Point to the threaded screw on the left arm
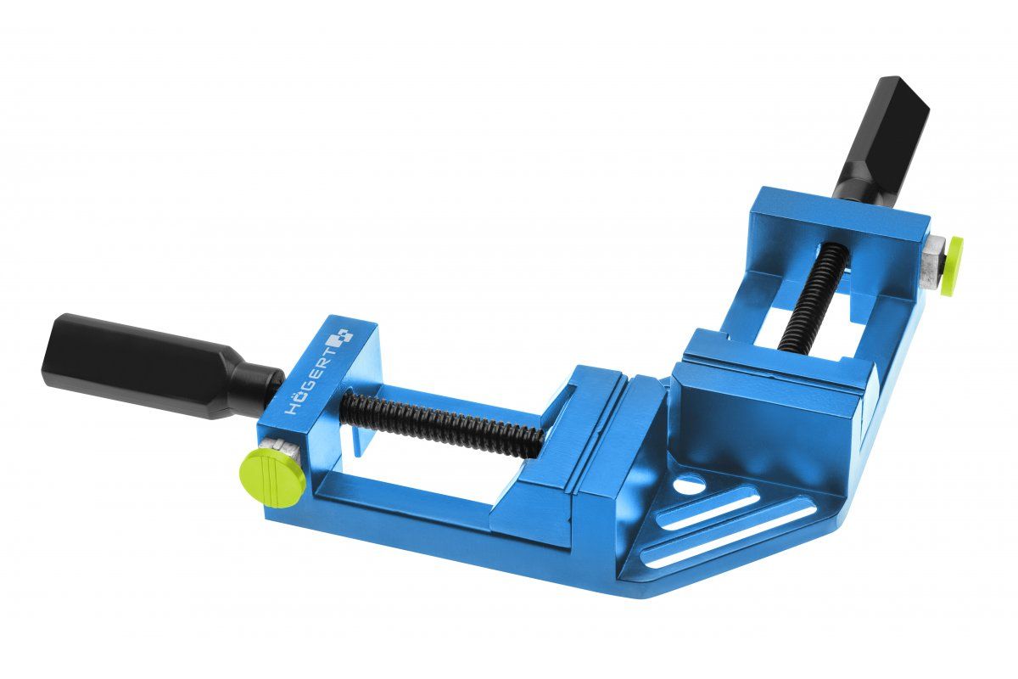click(441, 421)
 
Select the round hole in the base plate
click(689, 486)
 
